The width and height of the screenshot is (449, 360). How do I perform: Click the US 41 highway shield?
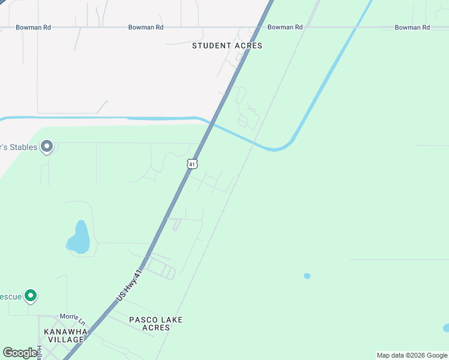click(x=191, y=163)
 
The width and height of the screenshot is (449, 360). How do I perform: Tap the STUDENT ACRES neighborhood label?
click(x=227, y=46)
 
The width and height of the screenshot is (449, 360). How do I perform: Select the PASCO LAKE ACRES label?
click(x=155, y=323)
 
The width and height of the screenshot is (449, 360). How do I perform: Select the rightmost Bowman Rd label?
click(x=412, y=28)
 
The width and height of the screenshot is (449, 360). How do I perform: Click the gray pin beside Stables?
click(x=47, y=146)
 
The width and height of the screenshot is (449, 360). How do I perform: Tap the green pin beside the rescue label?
click(x=31, y=296)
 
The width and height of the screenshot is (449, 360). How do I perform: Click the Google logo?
click(x=20, y=353)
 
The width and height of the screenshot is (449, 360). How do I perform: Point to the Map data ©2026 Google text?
click(x=412, y=355)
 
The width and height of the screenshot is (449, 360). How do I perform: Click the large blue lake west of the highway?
click(x=79, y=238)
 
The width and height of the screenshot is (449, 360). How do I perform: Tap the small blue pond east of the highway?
click(x=307, y=276)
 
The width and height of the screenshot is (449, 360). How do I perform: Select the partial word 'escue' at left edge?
click(x=10, y=296)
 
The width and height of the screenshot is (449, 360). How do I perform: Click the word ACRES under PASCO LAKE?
click(x=155, y=328)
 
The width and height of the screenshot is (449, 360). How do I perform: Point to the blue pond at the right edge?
click(x=445, y=328)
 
